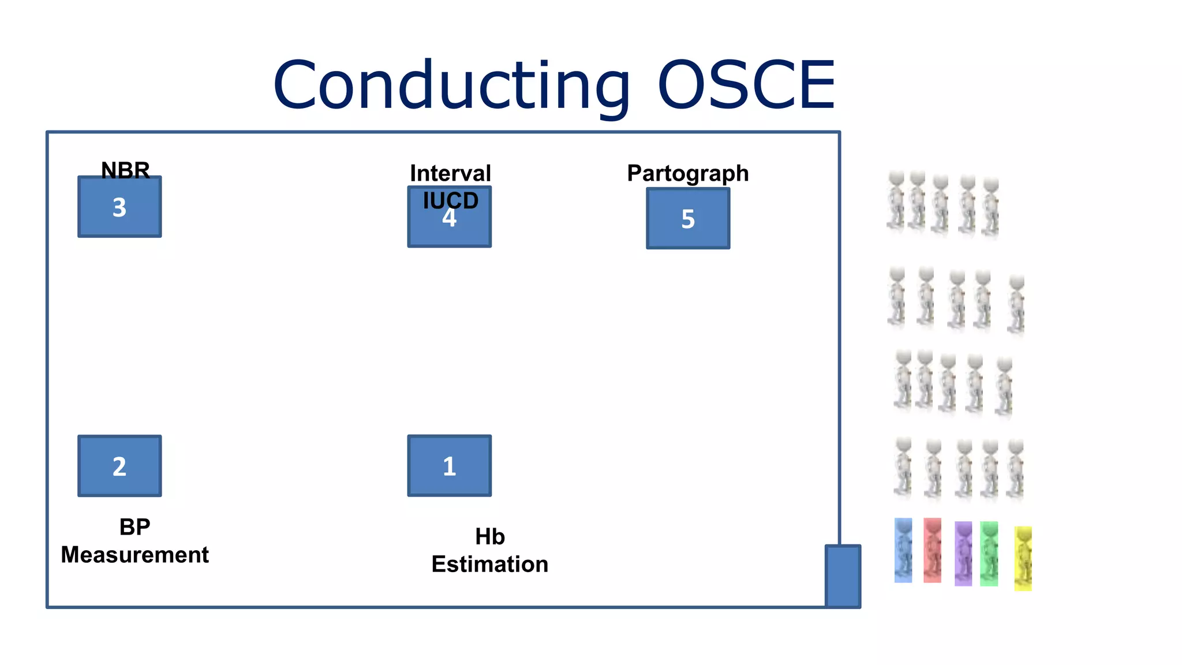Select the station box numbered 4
click(x=450, y=225)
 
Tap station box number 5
click(x=688, y=219)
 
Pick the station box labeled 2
click(x=119, y=466)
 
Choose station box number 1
click(x=450, y=466)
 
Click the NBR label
click(x=125, y=170)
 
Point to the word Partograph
click(x=688, y=173)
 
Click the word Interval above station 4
click(x=450, y=173)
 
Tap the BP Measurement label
click(x=134, y=541)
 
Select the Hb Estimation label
click(x=489, y=551)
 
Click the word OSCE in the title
click(x=746, y=85)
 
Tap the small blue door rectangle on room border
click(x=843, y=576)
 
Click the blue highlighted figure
click(x=903, y=550)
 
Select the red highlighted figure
click(x=932, y=550)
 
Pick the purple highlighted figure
click(x=963, y=554)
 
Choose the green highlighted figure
click(x=989, y=554)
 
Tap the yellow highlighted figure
click(x=1023, y=558)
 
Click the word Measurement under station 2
click(x=134, y=555)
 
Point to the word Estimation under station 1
click(x=489, y=564)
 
